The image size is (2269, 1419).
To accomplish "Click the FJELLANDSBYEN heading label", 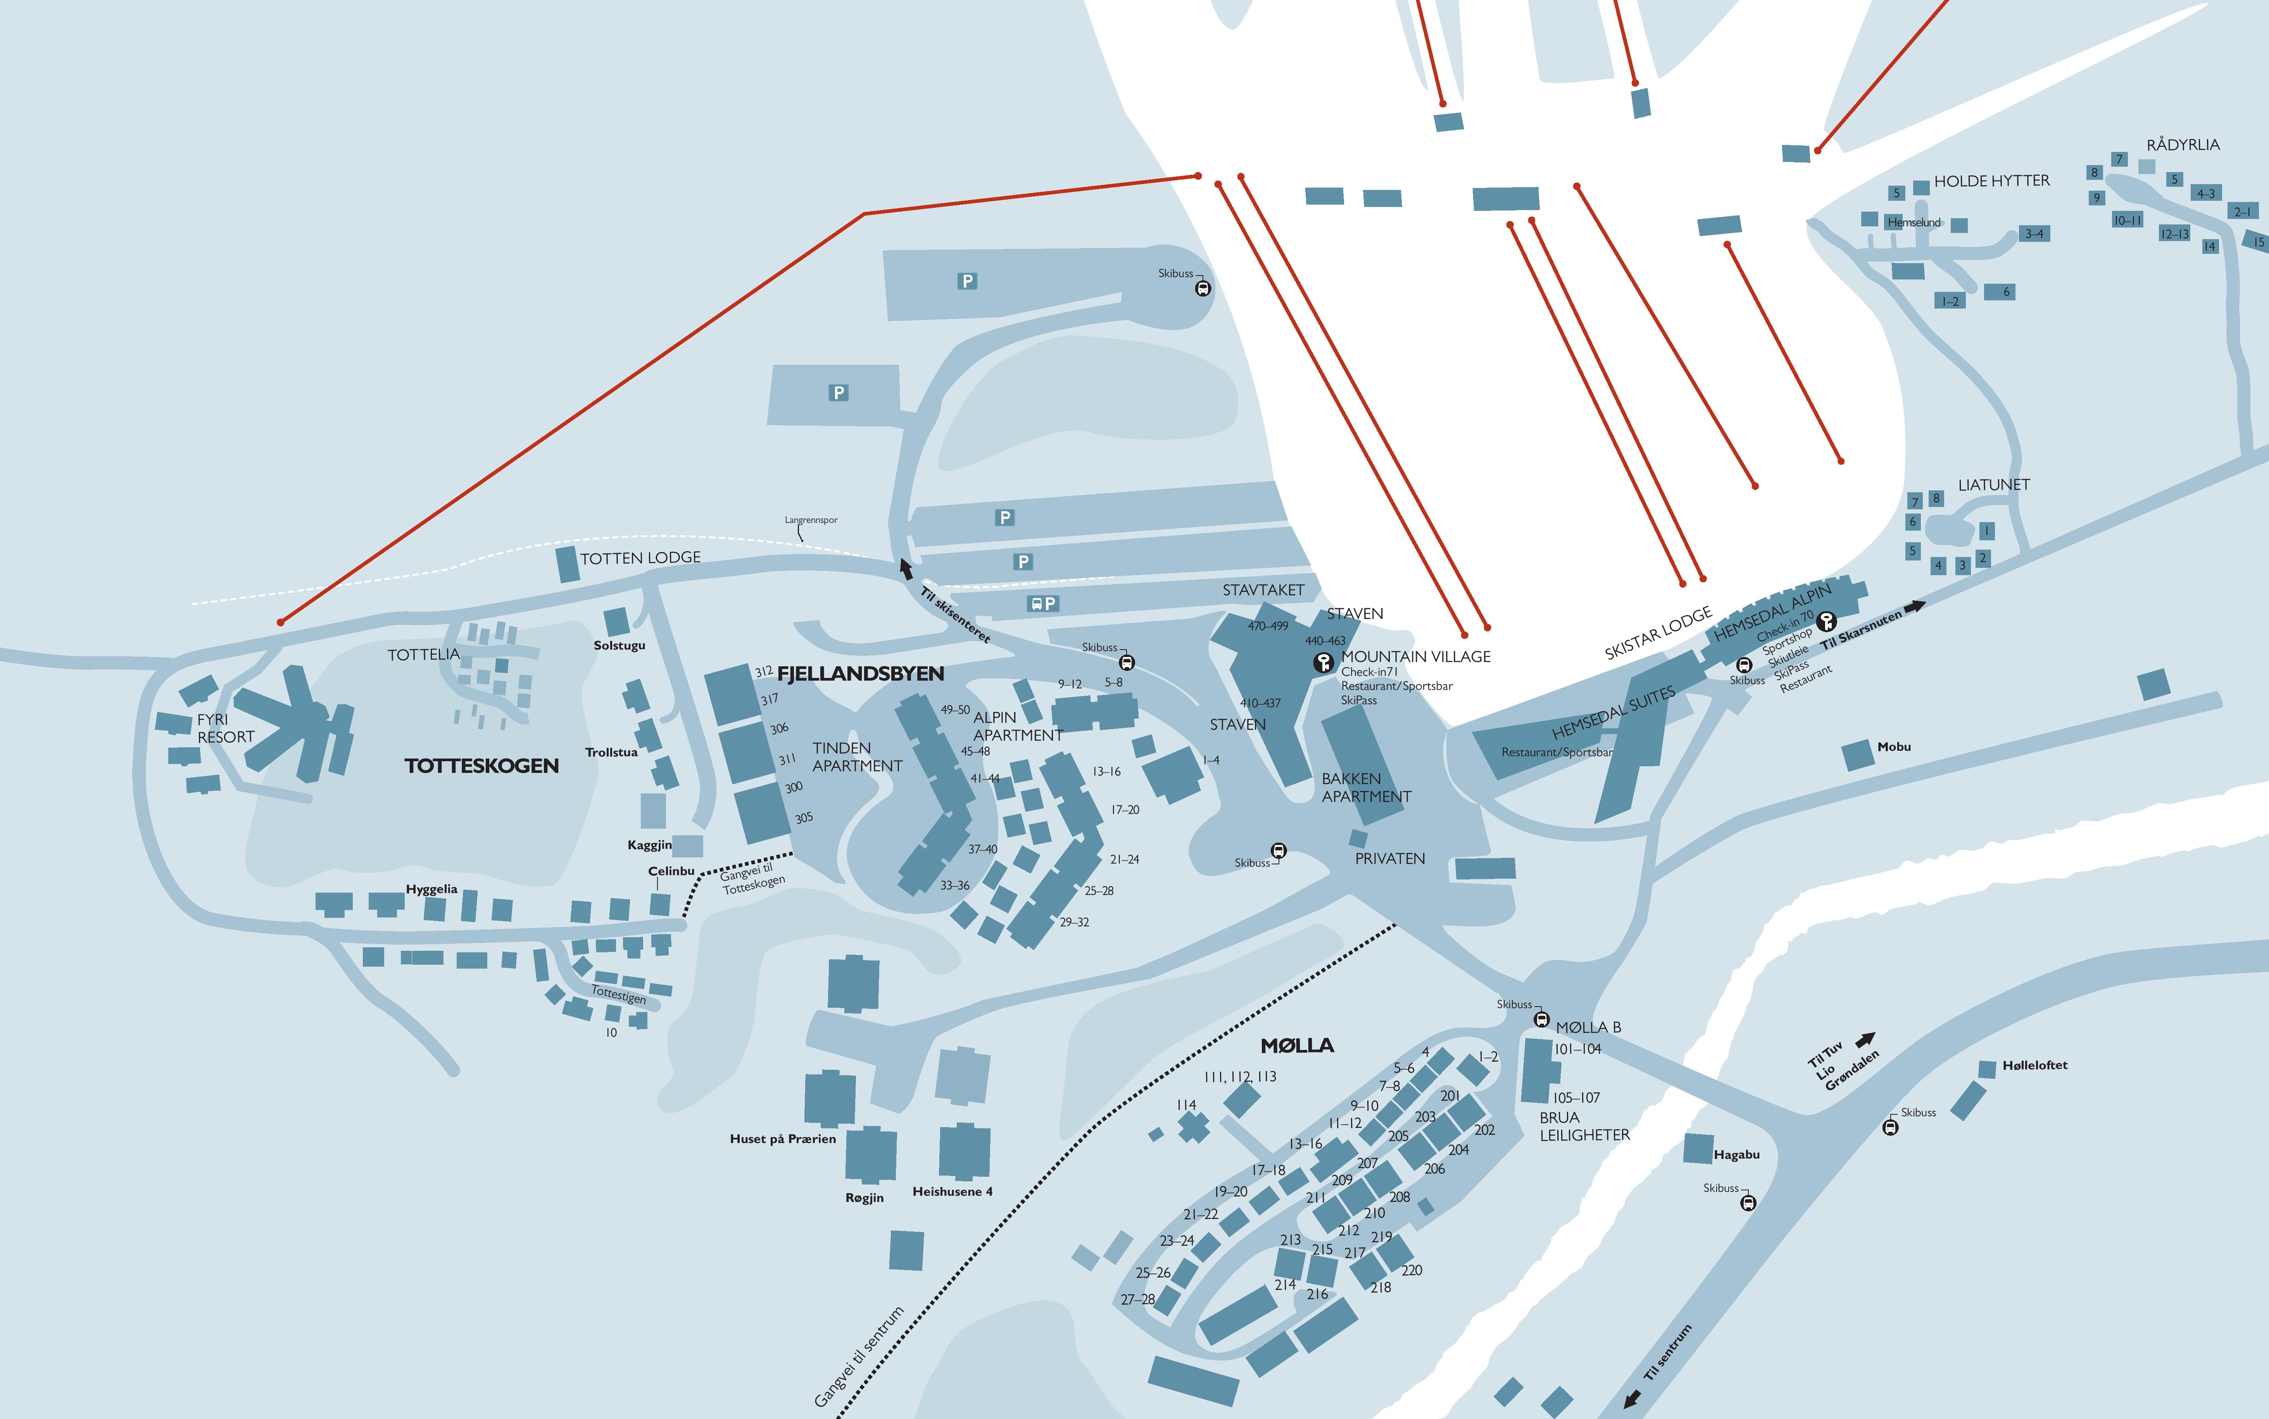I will point(861,674).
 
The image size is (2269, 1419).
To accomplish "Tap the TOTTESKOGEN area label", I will point(481,766).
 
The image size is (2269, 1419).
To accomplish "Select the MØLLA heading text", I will point(1297,1045).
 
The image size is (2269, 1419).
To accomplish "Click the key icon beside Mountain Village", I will point(1323,662).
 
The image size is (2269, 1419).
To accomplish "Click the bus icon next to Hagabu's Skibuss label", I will point(1747,1202).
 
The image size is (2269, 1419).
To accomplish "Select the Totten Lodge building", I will point(567,564).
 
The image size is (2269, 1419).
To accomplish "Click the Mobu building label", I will point(1894,747).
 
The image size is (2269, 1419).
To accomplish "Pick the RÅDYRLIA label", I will point(2183,145).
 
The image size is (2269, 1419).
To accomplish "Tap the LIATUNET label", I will point(1993,485).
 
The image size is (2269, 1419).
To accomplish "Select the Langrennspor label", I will point(811,520).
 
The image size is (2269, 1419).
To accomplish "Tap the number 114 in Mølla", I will point(1186,1105).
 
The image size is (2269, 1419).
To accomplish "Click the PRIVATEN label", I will point(1390,859).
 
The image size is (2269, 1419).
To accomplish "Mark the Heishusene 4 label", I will point(952,1192).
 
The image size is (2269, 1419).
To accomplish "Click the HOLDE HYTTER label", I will point(1991,181).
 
